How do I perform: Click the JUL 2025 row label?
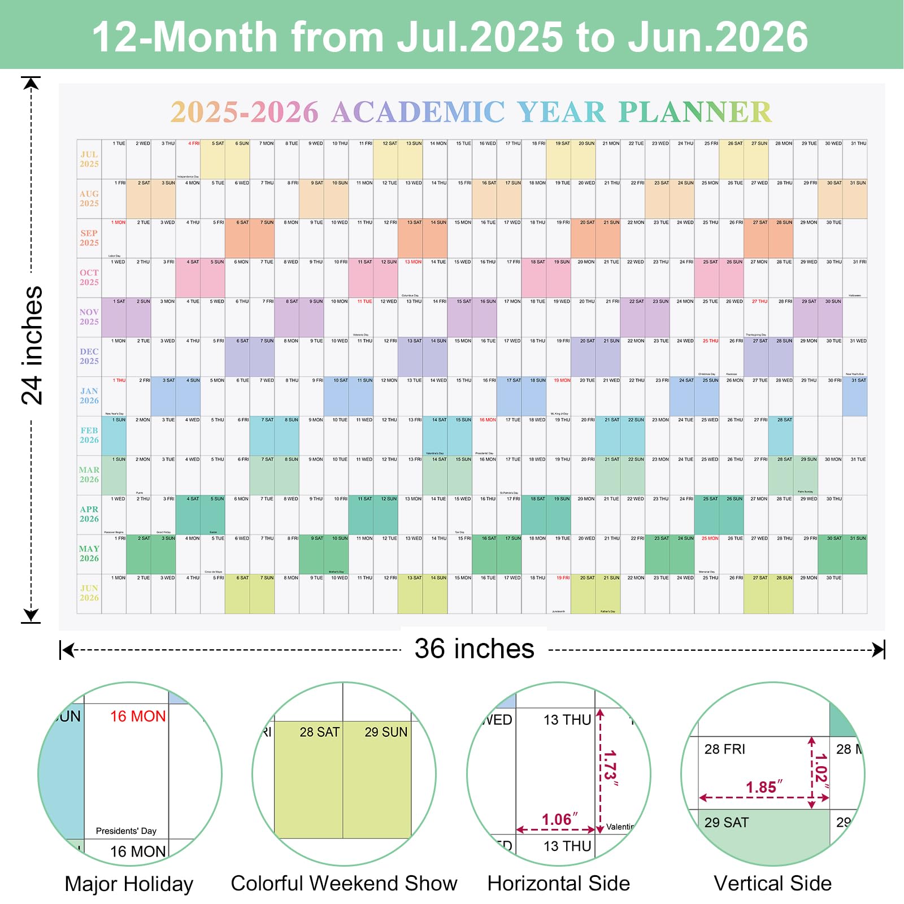[x=89, y=159]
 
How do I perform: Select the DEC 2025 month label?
[x=89, y=357]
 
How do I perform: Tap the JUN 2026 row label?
[x=89, y=593]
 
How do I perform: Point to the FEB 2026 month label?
[x=89, y=436]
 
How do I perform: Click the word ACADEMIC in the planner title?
[x=418, y=112]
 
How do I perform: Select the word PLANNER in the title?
[x=694, y=112]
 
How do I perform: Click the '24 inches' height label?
[x=32, y=345]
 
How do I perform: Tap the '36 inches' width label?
[x=474, y=649]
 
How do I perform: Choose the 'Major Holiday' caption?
[x=129, y=884]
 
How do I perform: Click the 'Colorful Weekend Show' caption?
[x=344, y=883]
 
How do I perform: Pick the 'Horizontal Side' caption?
[x=558, y=883]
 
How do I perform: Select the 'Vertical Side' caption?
[x=772, y=883]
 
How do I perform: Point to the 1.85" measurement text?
[x=764, y=787]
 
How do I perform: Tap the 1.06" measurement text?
[x=559, y=819]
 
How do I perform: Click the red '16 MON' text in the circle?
[x=138, y=716]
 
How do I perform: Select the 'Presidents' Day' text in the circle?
[x=126, y=831]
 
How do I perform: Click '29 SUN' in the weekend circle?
[x=386, y=732]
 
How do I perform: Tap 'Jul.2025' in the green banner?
[x=480, y=37]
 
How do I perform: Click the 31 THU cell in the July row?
[x=855, y=159]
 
